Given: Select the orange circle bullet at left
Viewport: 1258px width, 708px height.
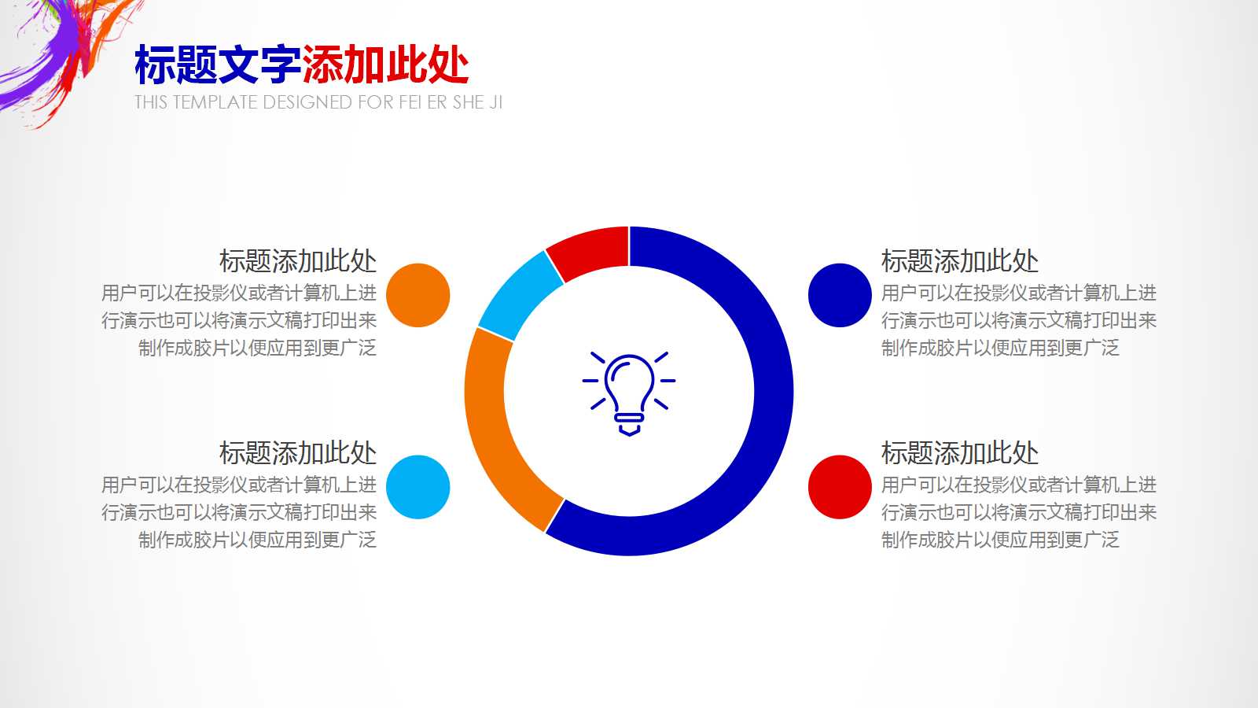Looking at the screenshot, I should tap(418, 295).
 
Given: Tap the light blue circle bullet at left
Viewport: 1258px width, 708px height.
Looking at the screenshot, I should tap(418, 487).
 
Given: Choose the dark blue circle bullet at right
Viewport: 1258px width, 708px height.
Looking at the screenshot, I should tap(840, 295).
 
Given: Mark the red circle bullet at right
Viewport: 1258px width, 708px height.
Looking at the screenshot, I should tap(840, 487).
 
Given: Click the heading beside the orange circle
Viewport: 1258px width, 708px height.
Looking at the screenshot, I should tap(298, 260).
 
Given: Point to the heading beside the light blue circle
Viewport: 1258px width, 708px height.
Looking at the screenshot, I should tap(298, 452).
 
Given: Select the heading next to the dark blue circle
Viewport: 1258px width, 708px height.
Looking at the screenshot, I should tap(960, 260).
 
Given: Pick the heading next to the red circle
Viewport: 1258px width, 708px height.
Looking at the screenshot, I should tap(960, 452).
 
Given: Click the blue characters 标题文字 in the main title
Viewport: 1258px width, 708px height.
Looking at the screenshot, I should tap(218, 65).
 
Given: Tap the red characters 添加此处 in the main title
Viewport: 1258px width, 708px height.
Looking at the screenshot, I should tap(385, 65).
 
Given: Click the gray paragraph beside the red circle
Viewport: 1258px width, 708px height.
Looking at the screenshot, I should tap(1018, 512).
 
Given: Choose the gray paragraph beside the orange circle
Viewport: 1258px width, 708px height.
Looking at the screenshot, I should tap(240, 320).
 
